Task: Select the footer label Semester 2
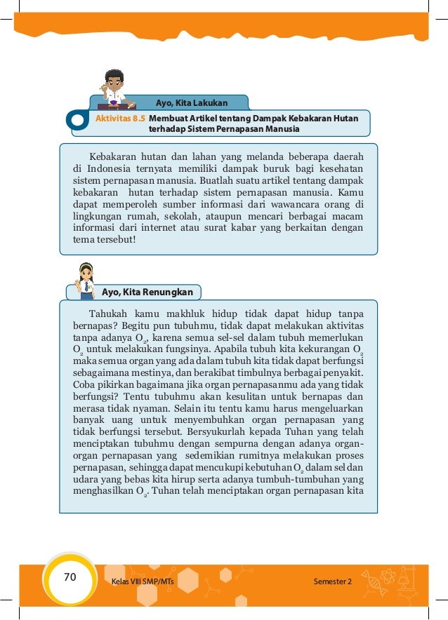click(334, 583)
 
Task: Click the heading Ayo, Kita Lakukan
click(192, 103)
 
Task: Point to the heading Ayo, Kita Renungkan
click(148, 290)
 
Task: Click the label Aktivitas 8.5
click(121, 119)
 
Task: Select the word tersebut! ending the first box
click(113, 238)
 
